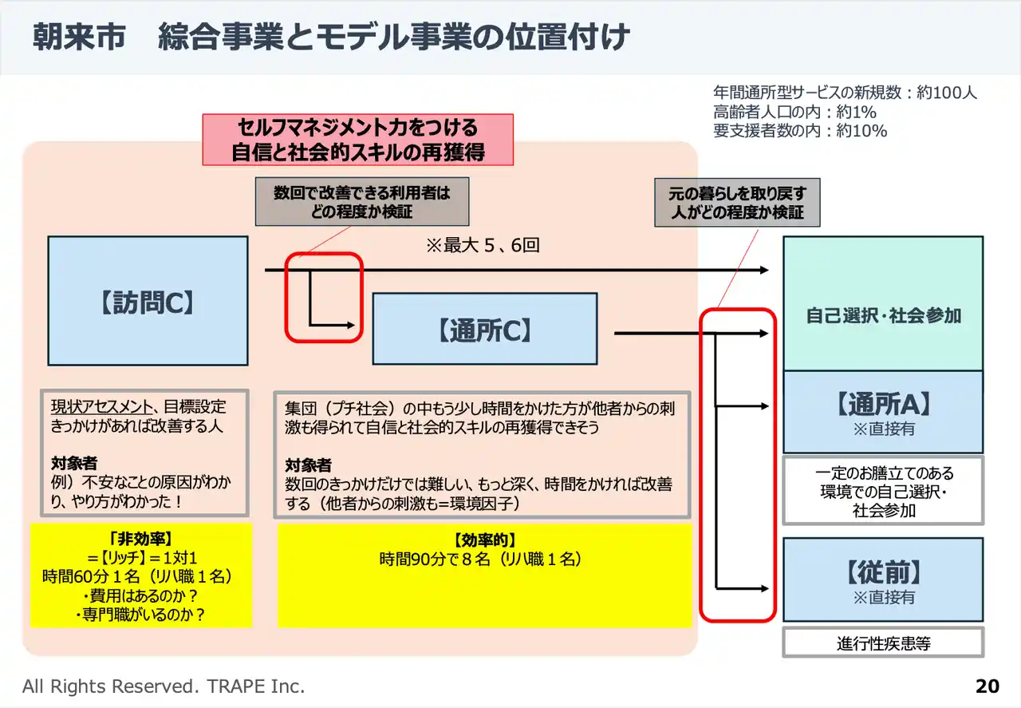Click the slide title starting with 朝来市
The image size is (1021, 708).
(331, 38)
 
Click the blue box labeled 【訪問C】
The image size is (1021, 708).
(148, 301)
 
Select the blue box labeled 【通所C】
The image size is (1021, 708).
(484, 329)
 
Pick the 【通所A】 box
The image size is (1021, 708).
(883, 412)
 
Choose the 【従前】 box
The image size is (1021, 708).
(883, 579)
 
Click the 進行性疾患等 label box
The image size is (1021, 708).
(883, 643)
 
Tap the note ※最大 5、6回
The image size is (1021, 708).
(483, 245)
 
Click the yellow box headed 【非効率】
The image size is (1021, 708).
(140, 575)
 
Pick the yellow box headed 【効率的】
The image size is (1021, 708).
(484, 575)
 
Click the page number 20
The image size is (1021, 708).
(987, 686)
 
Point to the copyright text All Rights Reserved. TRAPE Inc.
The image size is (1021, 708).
(164, 686)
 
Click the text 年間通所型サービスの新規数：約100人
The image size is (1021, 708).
(845, 93)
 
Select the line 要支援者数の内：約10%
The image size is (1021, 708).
(799, 131)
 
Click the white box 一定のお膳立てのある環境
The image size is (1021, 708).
(883, 491)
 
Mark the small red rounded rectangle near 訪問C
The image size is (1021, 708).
(324, 297)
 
